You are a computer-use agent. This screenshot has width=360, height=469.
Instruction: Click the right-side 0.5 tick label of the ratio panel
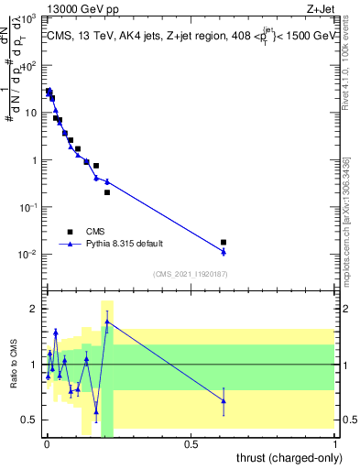point(349,420)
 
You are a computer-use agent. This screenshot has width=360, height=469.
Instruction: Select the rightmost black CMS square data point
point(224,242)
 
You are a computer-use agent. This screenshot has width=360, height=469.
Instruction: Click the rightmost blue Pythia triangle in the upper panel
point(224,251)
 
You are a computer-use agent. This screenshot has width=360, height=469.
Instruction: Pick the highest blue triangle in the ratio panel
point(107,322)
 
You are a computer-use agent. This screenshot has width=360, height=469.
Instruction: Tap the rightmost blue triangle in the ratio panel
point(224,401)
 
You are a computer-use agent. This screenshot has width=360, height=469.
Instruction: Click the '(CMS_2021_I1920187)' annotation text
point(190,274)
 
